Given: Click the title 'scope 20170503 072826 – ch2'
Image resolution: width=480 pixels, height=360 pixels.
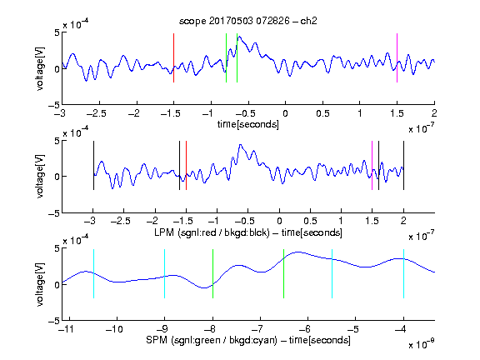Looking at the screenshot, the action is [x=248, y=21].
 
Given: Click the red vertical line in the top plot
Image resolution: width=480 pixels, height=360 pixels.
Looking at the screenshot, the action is [x=173, y=57].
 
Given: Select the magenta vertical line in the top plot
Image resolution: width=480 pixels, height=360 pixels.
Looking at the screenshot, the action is [x=397, y=57].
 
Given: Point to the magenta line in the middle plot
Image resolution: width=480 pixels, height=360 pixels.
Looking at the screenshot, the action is [x=372, y=165].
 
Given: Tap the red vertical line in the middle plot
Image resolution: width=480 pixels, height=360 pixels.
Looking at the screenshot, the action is [x=186, y=165].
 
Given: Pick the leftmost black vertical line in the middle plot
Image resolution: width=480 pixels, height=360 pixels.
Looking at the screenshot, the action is [x=93, y=165].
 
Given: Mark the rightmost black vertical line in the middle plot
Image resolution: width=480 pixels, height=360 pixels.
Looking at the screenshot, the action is [x=403, y=165].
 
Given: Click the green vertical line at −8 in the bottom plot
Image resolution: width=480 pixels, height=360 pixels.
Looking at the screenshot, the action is [x=212, y=273].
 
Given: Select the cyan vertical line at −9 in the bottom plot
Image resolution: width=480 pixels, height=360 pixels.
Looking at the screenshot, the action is [x=165, y=273].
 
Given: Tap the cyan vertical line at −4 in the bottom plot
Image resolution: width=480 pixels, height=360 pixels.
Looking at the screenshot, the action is [x=403, y=273].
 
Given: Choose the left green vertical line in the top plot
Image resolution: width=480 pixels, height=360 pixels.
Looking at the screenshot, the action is [x=226, y=57].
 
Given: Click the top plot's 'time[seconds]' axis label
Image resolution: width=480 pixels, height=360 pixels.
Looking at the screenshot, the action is [x=248, y=124].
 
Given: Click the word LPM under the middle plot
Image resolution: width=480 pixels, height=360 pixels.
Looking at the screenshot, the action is [x=164, y=232].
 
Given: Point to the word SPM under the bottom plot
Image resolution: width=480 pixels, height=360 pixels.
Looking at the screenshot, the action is [x=157, y=340].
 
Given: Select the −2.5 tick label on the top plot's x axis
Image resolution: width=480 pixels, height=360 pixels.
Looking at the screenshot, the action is [x=96, y=113].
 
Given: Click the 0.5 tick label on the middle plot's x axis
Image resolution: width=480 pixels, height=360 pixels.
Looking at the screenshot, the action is [x=310, y=221].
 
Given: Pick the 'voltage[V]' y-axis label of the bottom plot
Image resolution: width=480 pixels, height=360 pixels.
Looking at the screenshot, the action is [x=40, y=284].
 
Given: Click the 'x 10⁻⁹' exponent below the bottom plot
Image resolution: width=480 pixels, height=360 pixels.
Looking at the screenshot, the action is [x=421, y=345].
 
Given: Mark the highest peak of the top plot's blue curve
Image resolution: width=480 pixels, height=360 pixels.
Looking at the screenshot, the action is [x=239, y=37].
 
